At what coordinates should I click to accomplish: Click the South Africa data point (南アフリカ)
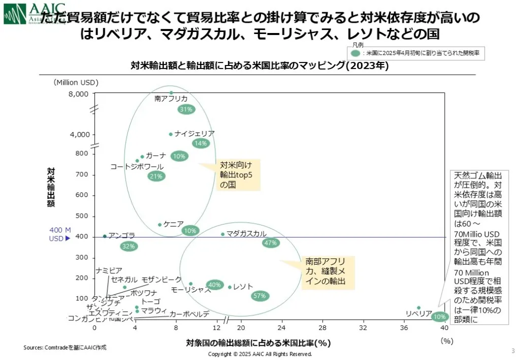(x=171, y=93)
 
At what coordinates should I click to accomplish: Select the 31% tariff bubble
(x=186, y=109)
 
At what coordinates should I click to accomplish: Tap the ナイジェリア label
(x=194, y=134)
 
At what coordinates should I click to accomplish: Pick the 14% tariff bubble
(x=201, y=143)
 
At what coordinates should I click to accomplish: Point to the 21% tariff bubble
(x=156, y=176)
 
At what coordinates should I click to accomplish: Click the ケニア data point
(x=159, y=224)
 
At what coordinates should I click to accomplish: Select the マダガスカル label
(x=246, y=234)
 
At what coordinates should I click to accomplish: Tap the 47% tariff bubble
(x=270, y=243)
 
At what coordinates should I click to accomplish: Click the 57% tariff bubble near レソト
(x=259, y=296)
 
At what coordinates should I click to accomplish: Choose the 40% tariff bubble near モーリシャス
(x=214, y=285)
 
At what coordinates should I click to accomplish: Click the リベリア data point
(x=418, y=308)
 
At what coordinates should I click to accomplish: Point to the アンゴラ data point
(x=105, y=236)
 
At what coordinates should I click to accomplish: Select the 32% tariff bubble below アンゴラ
(x=129, y=246)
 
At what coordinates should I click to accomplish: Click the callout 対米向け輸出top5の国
(x=236, y=175)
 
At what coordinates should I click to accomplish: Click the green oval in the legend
(x=356, y=52)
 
